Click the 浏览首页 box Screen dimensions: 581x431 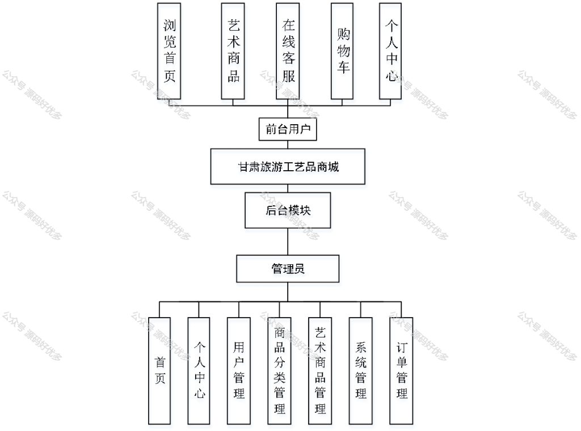click(169, 51)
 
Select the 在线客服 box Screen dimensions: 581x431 click(288, 51)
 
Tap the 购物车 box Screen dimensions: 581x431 click(342, 51)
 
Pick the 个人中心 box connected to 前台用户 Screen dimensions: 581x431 click(390, 51)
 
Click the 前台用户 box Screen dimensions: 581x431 click(288, 129)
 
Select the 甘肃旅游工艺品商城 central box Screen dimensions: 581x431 click(288, 167)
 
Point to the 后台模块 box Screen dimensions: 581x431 click(288, 210)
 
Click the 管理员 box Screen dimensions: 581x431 click(288, 268)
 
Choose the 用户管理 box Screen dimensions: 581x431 click(239, 371)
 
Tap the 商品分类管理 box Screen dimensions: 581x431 click(279, 371)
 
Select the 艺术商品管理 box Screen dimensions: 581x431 click(320, 371)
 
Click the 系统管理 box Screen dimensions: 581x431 click(361, 371)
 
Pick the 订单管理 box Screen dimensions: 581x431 click(401, 371)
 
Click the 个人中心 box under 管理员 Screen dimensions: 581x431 click(199, 371)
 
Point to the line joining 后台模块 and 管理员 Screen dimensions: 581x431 click(288, 242)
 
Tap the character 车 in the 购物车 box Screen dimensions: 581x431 click(343, 67)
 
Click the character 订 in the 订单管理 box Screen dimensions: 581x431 click(402, 348)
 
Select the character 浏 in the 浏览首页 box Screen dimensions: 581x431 click(169, 25)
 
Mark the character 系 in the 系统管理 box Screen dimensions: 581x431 click(361, 348)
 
